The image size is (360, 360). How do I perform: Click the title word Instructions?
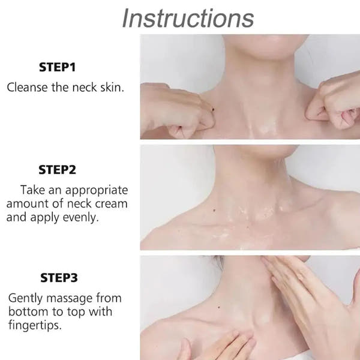187,18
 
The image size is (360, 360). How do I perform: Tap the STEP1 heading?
58,67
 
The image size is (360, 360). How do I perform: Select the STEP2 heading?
58,170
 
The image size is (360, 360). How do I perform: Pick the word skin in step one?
110,87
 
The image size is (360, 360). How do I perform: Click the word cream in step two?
111,203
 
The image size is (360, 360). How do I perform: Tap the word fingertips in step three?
37,326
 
